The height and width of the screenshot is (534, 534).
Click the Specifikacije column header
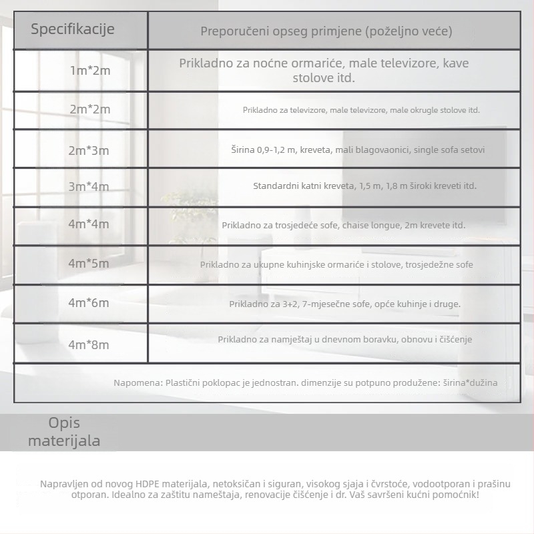(x=73, y=29)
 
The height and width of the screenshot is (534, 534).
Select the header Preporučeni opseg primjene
(x=326, y=31)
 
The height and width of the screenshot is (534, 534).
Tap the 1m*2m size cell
(x=90, y=70)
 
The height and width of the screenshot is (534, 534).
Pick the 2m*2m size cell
(x=90, y=109)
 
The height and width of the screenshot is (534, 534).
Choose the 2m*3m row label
(x=89, y=150)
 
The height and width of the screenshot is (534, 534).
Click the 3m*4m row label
(x=89, y=186)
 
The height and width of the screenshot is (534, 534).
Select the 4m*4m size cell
(x=89, y=224)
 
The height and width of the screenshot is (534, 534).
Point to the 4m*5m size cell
(x=89, y=264)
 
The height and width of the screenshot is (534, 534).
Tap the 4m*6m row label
(x=89, y=303)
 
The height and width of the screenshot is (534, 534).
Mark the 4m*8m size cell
(x=89, y=345)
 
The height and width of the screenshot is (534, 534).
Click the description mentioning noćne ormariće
(x=324, y=70)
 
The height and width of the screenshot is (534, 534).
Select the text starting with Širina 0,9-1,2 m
(x=358, y=150)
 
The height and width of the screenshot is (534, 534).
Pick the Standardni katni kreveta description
(x=364, y=186)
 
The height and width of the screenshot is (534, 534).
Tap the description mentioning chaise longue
(x=344, y=226)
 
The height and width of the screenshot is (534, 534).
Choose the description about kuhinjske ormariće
(x=336, y=265)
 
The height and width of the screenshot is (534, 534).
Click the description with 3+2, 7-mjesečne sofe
(x=344, y=304)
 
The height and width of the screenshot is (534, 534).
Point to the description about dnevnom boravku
(x=344, y=340)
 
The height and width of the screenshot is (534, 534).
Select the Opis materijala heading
(x=64, y=432)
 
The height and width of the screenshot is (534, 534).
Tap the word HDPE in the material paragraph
(x=148, y=483)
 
